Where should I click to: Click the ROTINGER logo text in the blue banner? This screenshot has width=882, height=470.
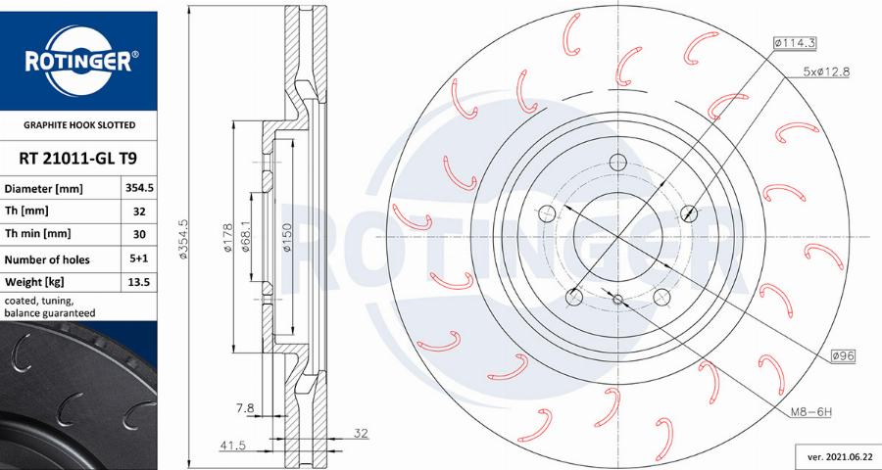coord(77,63)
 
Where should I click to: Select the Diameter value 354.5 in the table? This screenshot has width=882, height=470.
coord(138,187)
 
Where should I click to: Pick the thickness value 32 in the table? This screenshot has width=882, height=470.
coord(138,211)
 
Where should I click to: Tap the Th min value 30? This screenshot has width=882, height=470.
coord(138,234)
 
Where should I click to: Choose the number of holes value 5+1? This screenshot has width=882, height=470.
coord(138,259)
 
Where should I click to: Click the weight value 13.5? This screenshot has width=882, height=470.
coord(138,283)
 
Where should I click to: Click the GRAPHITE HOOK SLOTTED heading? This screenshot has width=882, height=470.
coord(78,125)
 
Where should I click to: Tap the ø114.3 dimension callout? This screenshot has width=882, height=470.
coord(795,43)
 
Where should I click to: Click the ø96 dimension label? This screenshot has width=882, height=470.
coord(842,356)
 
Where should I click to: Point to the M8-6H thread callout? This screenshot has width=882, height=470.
coord(809,412)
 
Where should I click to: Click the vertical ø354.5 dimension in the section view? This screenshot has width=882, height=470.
coord(183,239)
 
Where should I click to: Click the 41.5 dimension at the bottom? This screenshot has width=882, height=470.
coord(232,446)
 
